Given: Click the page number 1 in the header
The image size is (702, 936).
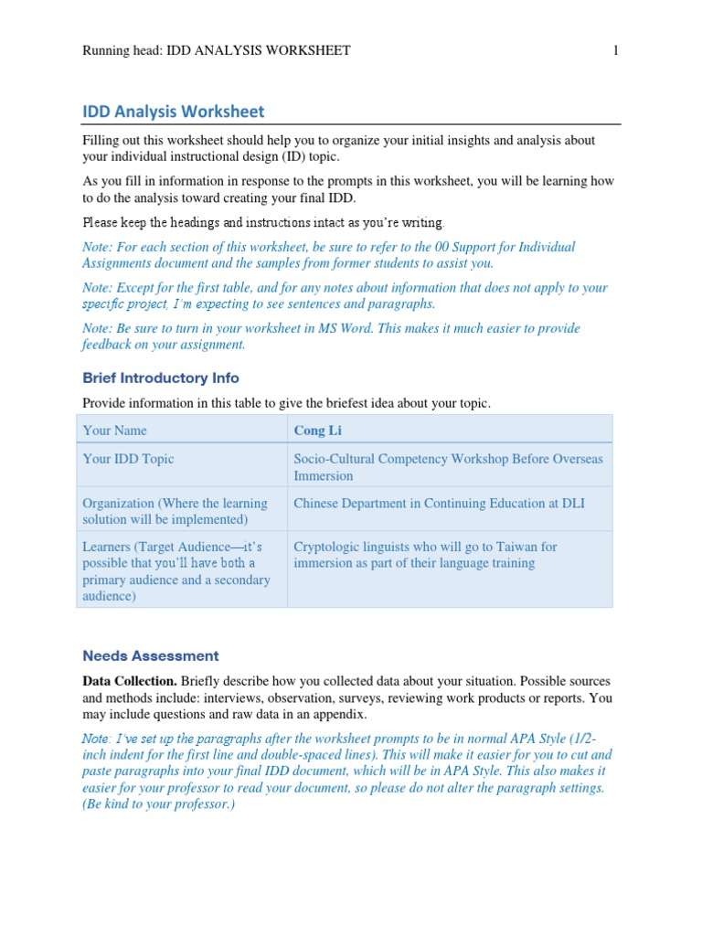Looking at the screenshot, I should point(615,51).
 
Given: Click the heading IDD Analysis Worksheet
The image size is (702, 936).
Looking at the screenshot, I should point(173,112).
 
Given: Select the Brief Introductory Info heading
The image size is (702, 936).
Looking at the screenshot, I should point(161,378).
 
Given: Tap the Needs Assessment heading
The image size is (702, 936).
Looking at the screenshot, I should point(151,655).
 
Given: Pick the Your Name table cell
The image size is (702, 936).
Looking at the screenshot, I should point(114,430).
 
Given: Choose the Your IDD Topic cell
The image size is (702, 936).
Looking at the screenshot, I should point(128,459).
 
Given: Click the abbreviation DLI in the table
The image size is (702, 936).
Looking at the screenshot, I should point(573,503).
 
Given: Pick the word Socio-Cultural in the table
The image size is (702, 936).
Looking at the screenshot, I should point(334,459).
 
